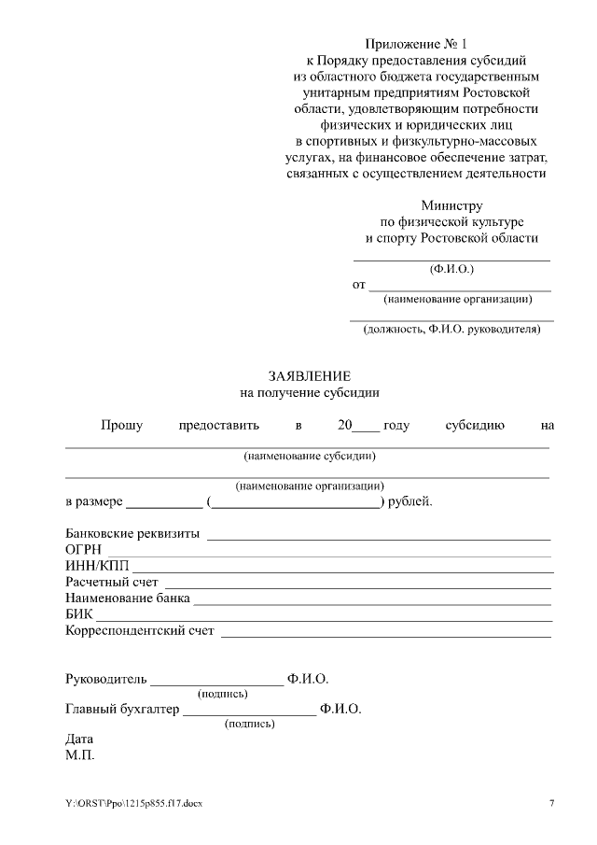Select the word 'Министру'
point(451,205)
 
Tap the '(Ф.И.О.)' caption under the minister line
point(451,269)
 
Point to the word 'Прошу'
point(121,426)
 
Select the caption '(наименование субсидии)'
point(310,457)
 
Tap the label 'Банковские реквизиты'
point(132,534)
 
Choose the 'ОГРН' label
point(83,550)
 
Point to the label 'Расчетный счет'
point(112,583)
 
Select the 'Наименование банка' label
point(128,599)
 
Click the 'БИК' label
point(78,614)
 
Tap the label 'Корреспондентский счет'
point(140,631)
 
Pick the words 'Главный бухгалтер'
point(121,710)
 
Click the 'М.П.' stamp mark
point(80,754)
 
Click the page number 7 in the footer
point(551,804)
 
